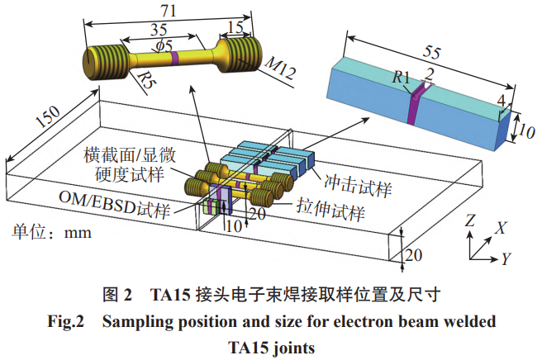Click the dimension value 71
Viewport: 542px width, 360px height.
(x=170, y=12)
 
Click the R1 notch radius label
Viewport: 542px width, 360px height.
(x=401, y=78)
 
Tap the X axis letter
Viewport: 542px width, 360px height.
(x=501, y=226)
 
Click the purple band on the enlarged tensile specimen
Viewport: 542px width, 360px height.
(x=177, y=57)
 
